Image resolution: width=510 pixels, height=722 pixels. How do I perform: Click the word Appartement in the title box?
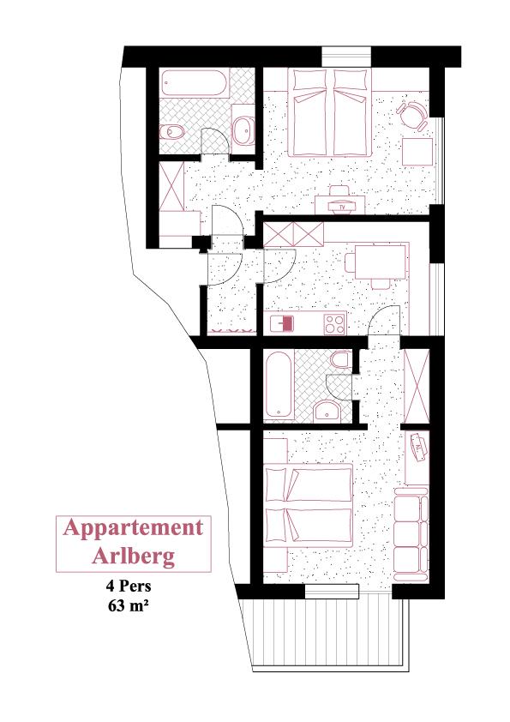[x=133, y=529]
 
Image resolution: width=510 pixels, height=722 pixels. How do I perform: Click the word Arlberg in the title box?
[x=133, y=556]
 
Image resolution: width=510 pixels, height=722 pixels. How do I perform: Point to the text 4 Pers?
[x=129, y=587]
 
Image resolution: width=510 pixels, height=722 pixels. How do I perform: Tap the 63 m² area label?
[x=129, y=605]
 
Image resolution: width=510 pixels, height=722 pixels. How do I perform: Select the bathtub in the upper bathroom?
[x=195, y=83]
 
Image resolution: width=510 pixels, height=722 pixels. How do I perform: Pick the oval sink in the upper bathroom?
[x=243, y=129]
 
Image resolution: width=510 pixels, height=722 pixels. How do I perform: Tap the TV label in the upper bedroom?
[x=342, y=208]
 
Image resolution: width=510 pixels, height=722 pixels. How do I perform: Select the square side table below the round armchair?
[x=417, y=152]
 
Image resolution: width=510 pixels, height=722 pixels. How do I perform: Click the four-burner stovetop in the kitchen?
[x=334, y=324]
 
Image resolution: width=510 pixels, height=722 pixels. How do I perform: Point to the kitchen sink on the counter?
[x=282, y=324]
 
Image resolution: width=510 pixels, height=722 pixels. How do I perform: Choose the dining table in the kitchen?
[x=381, y=262]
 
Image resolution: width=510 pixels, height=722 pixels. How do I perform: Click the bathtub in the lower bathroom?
[x=279, y=385]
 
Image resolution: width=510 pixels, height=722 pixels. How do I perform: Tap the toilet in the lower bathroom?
[x=342, y=359]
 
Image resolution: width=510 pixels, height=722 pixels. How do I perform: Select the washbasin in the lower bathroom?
[x=327, y=411]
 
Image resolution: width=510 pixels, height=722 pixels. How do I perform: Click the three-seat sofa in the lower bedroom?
[x=411, y=534]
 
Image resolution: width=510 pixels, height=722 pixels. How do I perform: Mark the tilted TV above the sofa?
[x=419, y=447]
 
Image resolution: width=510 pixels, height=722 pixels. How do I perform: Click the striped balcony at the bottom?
[x=327, y=631]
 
